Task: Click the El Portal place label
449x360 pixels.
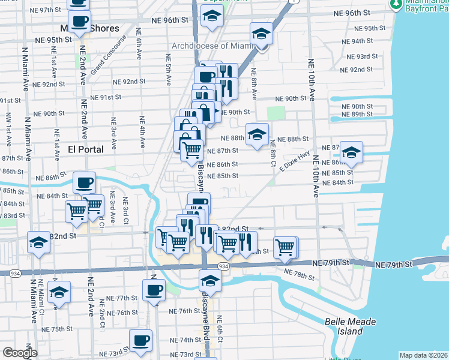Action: click(86, 149)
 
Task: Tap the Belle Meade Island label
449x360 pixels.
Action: click(350, 326)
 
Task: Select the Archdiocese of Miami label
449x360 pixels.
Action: click(212, 46)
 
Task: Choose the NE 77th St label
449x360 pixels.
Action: click(122, 298)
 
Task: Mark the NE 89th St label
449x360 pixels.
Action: click(357, 115)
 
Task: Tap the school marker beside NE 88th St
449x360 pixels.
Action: click(257, 134)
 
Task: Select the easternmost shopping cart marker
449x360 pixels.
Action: click(285, 247)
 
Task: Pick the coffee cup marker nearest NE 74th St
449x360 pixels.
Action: click(141, 340)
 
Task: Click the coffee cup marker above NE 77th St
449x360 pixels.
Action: click(154, 290)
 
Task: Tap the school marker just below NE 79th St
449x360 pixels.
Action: click(210, 280)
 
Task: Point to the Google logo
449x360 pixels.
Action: click(19, 353)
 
